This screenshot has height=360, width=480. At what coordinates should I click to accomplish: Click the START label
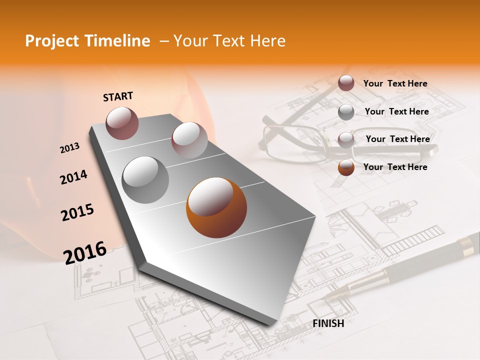point(118,96)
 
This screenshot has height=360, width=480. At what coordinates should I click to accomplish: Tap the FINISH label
point(328,323)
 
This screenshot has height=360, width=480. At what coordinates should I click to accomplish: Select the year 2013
point(70,148)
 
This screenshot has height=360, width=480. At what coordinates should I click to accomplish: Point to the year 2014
point(73,177)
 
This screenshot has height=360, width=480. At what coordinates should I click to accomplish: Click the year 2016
point(85,252)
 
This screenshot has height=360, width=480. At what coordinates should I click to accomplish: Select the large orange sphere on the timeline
point(216,207)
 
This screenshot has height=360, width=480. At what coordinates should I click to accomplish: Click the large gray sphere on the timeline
point(145,180)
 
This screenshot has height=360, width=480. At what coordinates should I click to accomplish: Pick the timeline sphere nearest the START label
point(122,123)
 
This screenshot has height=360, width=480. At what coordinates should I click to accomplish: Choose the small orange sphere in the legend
point(346,167)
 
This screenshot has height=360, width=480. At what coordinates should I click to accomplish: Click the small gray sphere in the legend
point(346,112)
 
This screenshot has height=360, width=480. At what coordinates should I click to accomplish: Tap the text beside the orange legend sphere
point(395,167)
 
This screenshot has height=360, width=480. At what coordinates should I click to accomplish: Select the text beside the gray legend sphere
point(396,111)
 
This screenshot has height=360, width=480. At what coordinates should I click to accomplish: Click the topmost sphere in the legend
point(346,83)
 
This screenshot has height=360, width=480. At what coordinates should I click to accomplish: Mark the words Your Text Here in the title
point(229,41)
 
